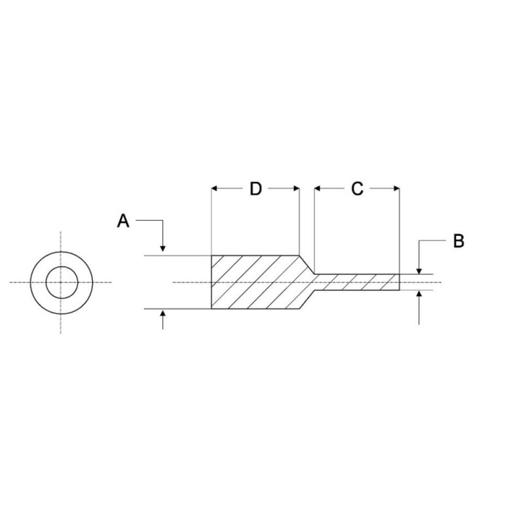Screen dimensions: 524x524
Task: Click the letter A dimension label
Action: pyautogui.click(x=122, y=221)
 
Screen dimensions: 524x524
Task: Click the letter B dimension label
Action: pyautogui.click(x=459, y=241)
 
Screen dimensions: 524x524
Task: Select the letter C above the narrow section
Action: pyautogui.click(x=357, y=189)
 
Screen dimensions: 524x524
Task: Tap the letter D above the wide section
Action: pyautogui.click(x=255, y=189)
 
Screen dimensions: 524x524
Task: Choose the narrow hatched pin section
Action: pyautogui.click(x=357, y=282)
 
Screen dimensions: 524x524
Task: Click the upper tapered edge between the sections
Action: pyautogui.click(x=307, y=265)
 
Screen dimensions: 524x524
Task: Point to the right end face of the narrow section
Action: pyautogui.click(x=400, y=282)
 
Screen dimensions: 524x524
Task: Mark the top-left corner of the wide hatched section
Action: pyautogui.click(x=212, y=255)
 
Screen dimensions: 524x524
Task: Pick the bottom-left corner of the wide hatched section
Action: pyautogui.click(x=212, y=309)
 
